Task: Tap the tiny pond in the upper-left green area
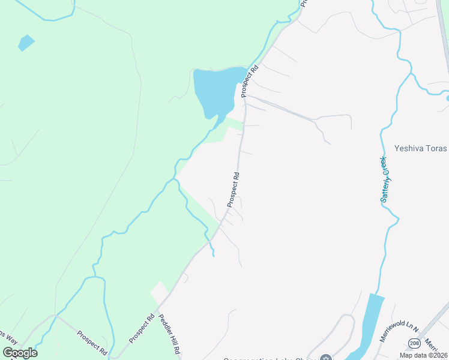(x=26, y=43)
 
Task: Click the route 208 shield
(x=414, y=343)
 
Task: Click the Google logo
(x=20, y=353)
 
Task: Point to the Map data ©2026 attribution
(x=423, y=355)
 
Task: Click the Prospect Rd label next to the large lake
(x=249, y=81)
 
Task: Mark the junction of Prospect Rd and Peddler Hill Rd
(x=157, y=313)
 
